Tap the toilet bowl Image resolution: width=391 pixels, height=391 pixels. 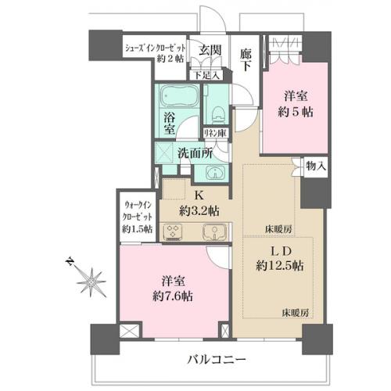[218, 115]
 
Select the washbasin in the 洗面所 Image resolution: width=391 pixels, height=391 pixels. [215, 173]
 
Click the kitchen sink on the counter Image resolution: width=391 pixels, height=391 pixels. [214, 231]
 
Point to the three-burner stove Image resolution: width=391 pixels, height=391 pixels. [173, 231]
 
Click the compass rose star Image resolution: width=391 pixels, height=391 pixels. [91, 282]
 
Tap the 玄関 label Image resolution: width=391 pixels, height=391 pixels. [210, 50]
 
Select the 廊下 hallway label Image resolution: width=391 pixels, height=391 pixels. [246, 60]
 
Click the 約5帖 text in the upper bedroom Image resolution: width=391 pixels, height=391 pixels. [296, 112]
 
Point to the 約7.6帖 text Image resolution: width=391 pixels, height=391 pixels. [173, 296]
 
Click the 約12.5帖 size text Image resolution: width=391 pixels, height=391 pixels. [280, 266]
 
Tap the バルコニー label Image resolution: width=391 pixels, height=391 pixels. [217, 361]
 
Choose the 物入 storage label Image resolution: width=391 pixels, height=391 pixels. [316, 166]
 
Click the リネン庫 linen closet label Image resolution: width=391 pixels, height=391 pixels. [215, 133]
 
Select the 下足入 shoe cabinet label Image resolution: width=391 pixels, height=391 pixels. [206, 76]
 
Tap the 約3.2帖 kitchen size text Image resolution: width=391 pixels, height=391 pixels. [199, 211]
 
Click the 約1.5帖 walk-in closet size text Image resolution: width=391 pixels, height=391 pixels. [138, 229]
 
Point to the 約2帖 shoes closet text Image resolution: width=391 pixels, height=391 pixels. [170, 59]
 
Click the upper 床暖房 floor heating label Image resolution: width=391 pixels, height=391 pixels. [278, 230]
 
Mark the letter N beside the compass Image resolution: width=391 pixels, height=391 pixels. [69, 261]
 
